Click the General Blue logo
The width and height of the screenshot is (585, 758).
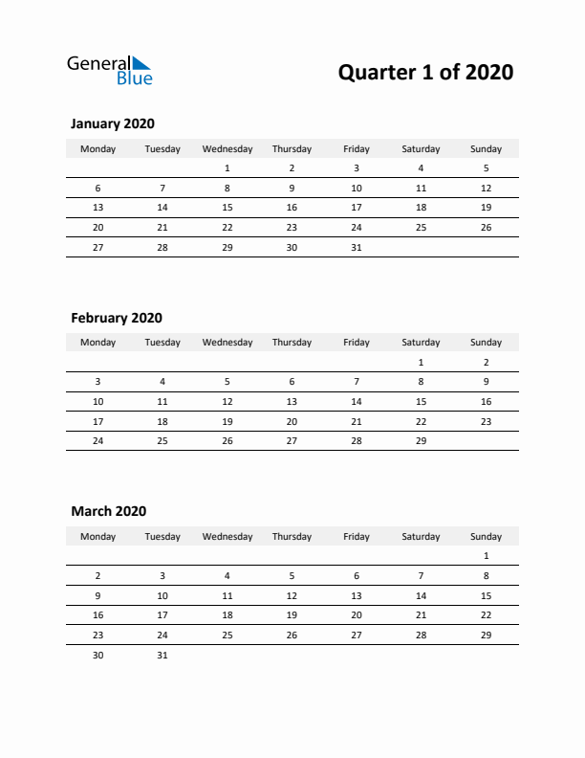pos(109,71)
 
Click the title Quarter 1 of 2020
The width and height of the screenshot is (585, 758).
pos(425,72)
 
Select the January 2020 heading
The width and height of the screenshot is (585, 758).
pos(113,123)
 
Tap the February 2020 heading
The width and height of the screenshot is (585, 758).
pos(117,318)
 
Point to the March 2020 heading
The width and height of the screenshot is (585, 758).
pos(109,511)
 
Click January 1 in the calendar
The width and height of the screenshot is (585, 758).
pos(227,168)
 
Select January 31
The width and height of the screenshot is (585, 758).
pos(357,247)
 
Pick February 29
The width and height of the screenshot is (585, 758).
pos(421,441)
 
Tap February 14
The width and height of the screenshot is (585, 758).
pos(357,402)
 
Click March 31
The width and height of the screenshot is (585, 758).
pos(162,655)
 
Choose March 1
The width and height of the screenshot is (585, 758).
pos(486,556)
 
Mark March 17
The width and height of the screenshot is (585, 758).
pos(162,615)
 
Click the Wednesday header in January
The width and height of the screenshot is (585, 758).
pos(227,148)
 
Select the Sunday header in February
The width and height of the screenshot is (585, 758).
pos(486,343)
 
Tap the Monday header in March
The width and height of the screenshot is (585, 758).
pos(97,536)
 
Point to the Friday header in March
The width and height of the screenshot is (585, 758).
pos(357,536)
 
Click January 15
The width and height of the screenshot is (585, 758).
pos(227,208)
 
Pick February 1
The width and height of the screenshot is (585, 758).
pos(421,363)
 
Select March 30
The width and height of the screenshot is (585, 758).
pos(97,655)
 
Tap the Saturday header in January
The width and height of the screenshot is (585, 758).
pos(421,148)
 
